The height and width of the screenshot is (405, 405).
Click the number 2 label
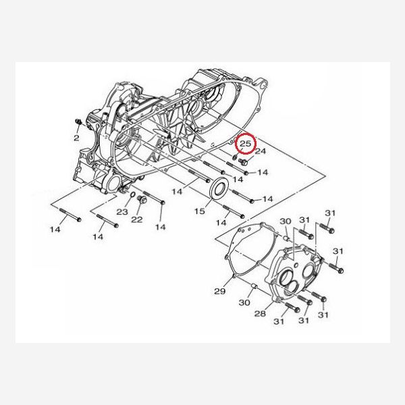(x=76, y=138)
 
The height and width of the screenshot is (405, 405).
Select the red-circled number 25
(x=245, y=143)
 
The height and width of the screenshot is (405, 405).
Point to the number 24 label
(x=261, y=151)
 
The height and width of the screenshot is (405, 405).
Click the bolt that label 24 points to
(x=244, y=162)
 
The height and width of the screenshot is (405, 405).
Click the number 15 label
(x=199, y=211)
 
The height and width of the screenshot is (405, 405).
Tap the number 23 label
(x=122, y=212)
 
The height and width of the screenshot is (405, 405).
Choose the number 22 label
(x=136, y=219)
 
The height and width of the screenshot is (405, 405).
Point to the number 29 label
(x=219, y=291)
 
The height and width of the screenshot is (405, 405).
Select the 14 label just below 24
(x=263, y=173)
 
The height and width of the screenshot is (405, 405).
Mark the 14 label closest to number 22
(x=160, y=227)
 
